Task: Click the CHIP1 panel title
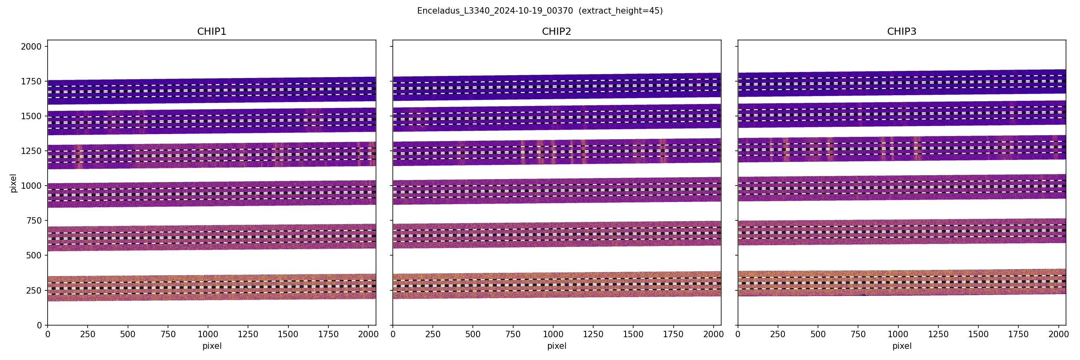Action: (x=212, y=32)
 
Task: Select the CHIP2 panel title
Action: (x=556, y=32)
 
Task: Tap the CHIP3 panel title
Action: (x=901, y=32)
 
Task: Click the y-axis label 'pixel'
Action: (x=14, y=183)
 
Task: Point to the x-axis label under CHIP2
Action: (x=556, y=346)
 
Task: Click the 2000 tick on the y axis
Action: (x=32, y=46)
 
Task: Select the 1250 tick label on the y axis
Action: (x=32, y=151)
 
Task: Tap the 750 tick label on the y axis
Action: (x=34, y=220)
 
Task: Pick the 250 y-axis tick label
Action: (x=34, y=290)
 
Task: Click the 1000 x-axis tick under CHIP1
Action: (x=208, y=334)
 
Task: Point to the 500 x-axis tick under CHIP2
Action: (x=473, y=334)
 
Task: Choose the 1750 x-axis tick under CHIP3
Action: (x=1018, y=334)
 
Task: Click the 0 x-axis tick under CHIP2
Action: (x=393, y=334)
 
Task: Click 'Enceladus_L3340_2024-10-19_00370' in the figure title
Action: (x=495, y=11)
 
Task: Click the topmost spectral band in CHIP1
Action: (x=212, y=90)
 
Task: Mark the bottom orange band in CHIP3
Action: (x=901, y=283)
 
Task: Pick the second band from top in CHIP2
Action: (x=556, y=117)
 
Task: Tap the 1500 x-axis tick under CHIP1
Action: (x=288, y=334)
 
